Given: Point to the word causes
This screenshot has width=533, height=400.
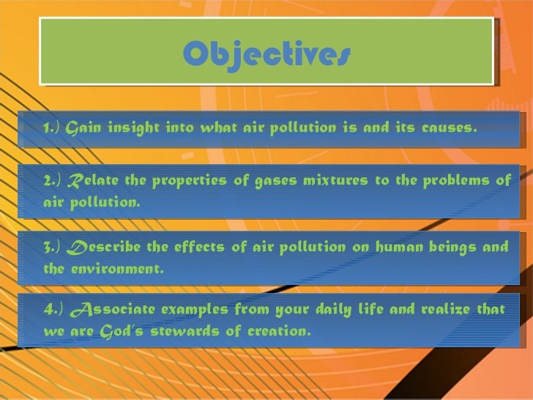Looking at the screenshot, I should [x=448, y=129].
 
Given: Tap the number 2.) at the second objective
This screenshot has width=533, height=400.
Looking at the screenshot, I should [x=53, y=181].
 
